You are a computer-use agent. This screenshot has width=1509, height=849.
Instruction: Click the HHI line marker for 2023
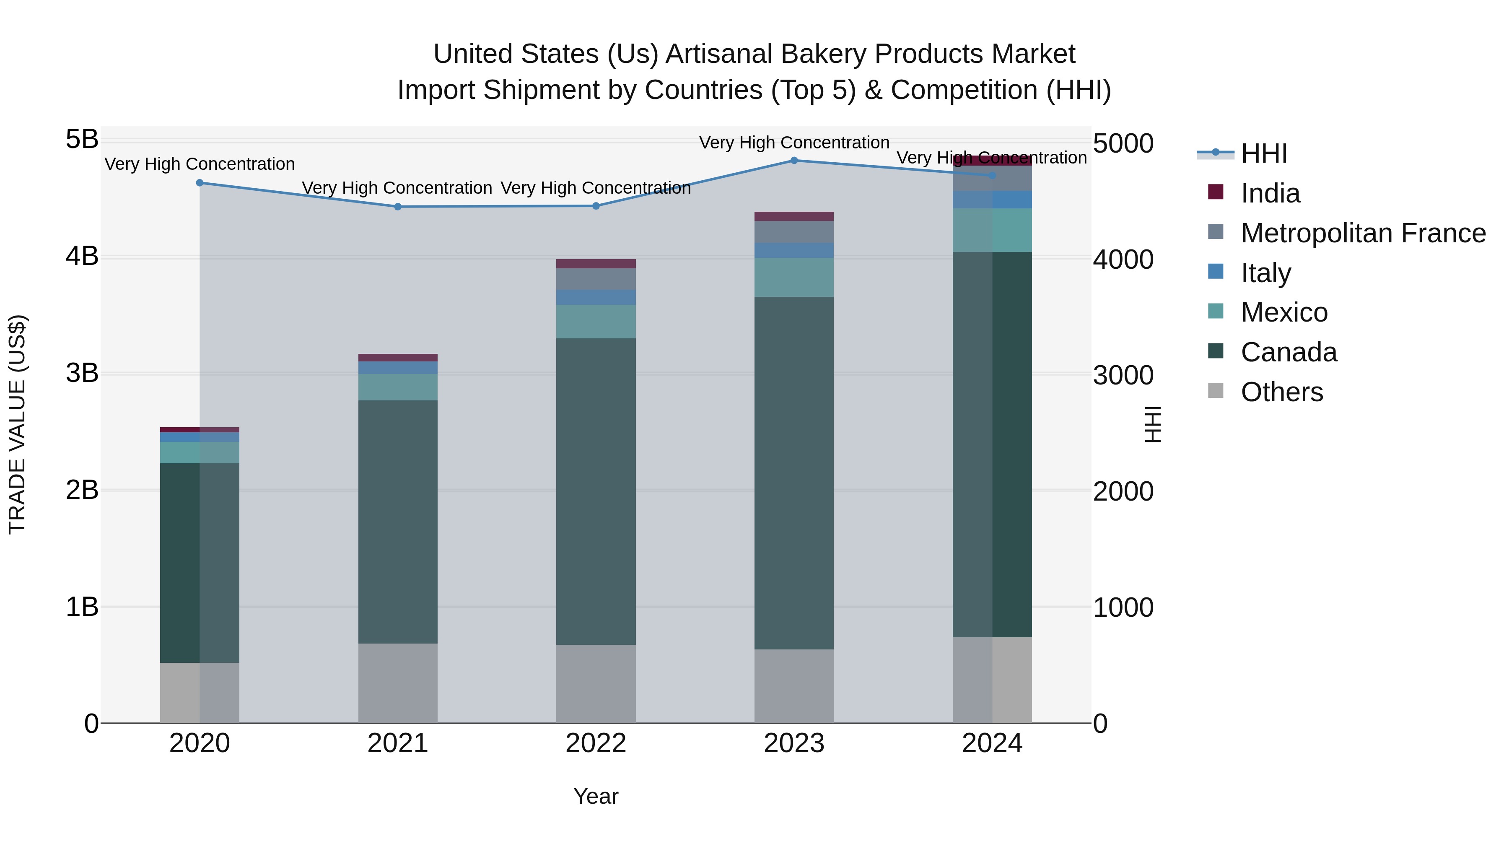tap(794, 160)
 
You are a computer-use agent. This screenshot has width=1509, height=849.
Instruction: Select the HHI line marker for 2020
tap(200, 183)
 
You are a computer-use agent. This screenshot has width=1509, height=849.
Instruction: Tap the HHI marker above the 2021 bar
tap(398, 207)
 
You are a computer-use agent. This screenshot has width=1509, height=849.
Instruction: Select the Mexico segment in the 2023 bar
tap(794, 277)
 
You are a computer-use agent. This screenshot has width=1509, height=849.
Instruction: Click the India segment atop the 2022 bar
tap(596, 264)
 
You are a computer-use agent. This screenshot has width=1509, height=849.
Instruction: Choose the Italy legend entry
tap(1265, 273)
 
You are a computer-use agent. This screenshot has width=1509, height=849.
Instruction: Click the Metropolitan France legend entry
tap(1363, 233)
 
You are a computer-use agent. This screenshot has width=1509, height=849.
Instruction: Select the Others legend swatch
tap(1216, 391)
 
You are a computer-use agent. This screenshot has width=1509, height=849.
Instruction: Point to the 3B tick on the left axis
tap(82, 373)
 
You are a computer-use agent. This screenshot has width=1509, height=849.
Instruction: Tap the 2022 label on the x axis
tap(596, 743)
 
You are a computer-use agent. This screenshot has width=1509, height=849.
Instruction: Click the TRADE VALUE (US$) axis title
tap(18, 423)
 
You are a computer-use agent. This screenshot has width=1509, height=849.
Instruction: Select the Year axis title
tap(596, 796)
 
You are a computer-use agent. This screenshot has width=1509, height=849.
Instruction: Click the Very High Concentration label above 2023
tap(794, 143)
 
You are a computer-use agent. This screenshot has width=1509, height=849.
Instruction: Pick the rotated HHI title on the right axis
tap(1152, 423)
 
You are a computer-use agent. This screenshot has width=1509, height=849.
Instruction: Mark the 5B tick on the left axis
tap(82, 140)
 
